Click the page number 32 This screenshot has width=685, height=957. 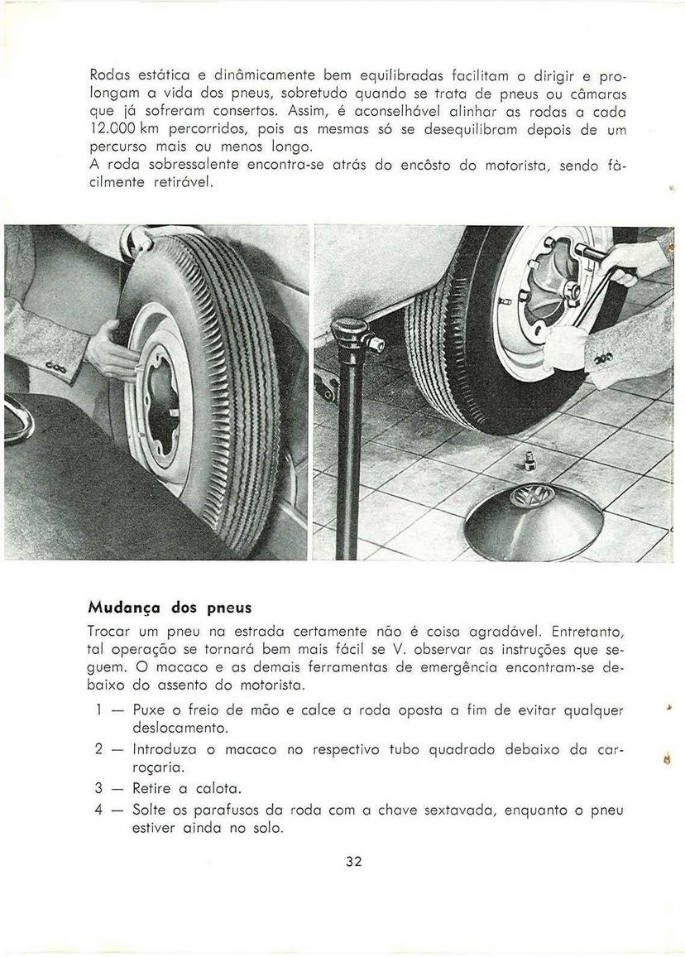(x=354, y=861)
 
